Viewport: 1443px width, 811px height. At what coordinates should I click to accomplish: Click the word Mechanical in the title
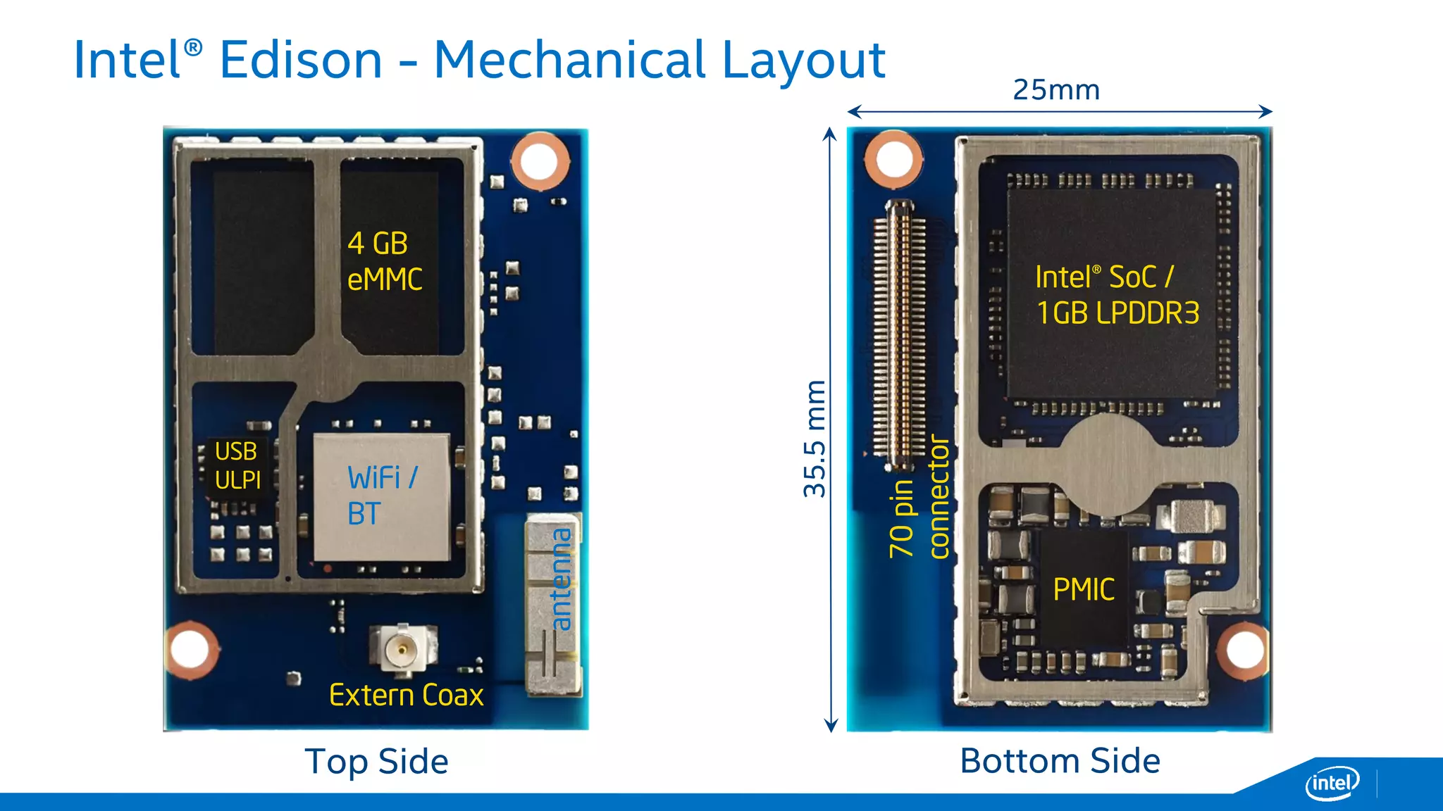(569, 61)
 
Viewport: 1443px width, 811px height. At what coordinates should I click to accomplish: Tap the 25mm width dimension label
(1055, 90)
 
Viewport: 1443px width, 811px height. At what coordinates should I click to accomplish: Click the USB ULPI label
(237, 465)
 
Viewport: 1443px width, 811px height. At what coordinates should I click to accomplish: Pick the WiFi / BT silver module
(381, 496)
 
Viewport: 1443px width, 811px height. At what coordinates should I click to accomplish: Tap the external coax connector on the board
(402, 648)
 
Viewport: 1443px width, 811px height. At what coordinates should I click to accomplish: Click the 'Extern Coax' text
(406, 696)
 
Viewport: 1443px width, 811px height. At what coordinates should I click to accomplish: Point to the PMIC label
(1084, 590)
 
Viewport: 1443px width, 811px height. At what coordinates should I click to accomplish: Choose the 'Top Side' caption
(376, 762)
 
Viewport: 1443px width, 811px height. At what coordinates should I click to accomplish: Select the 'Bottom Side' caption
(1060, 761)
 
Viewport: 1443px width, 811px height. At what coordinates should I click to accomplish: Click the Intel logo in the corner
(1332, 783)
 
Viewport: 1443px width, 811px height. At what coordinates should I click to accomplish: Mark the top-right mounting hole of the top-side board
(540, 161)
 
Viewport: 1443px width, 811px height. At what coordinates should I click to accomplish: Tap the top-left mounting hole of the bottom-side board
(893, 158)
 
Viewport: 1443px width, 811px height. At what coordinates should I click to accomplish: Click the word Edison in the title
(301, 61)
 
